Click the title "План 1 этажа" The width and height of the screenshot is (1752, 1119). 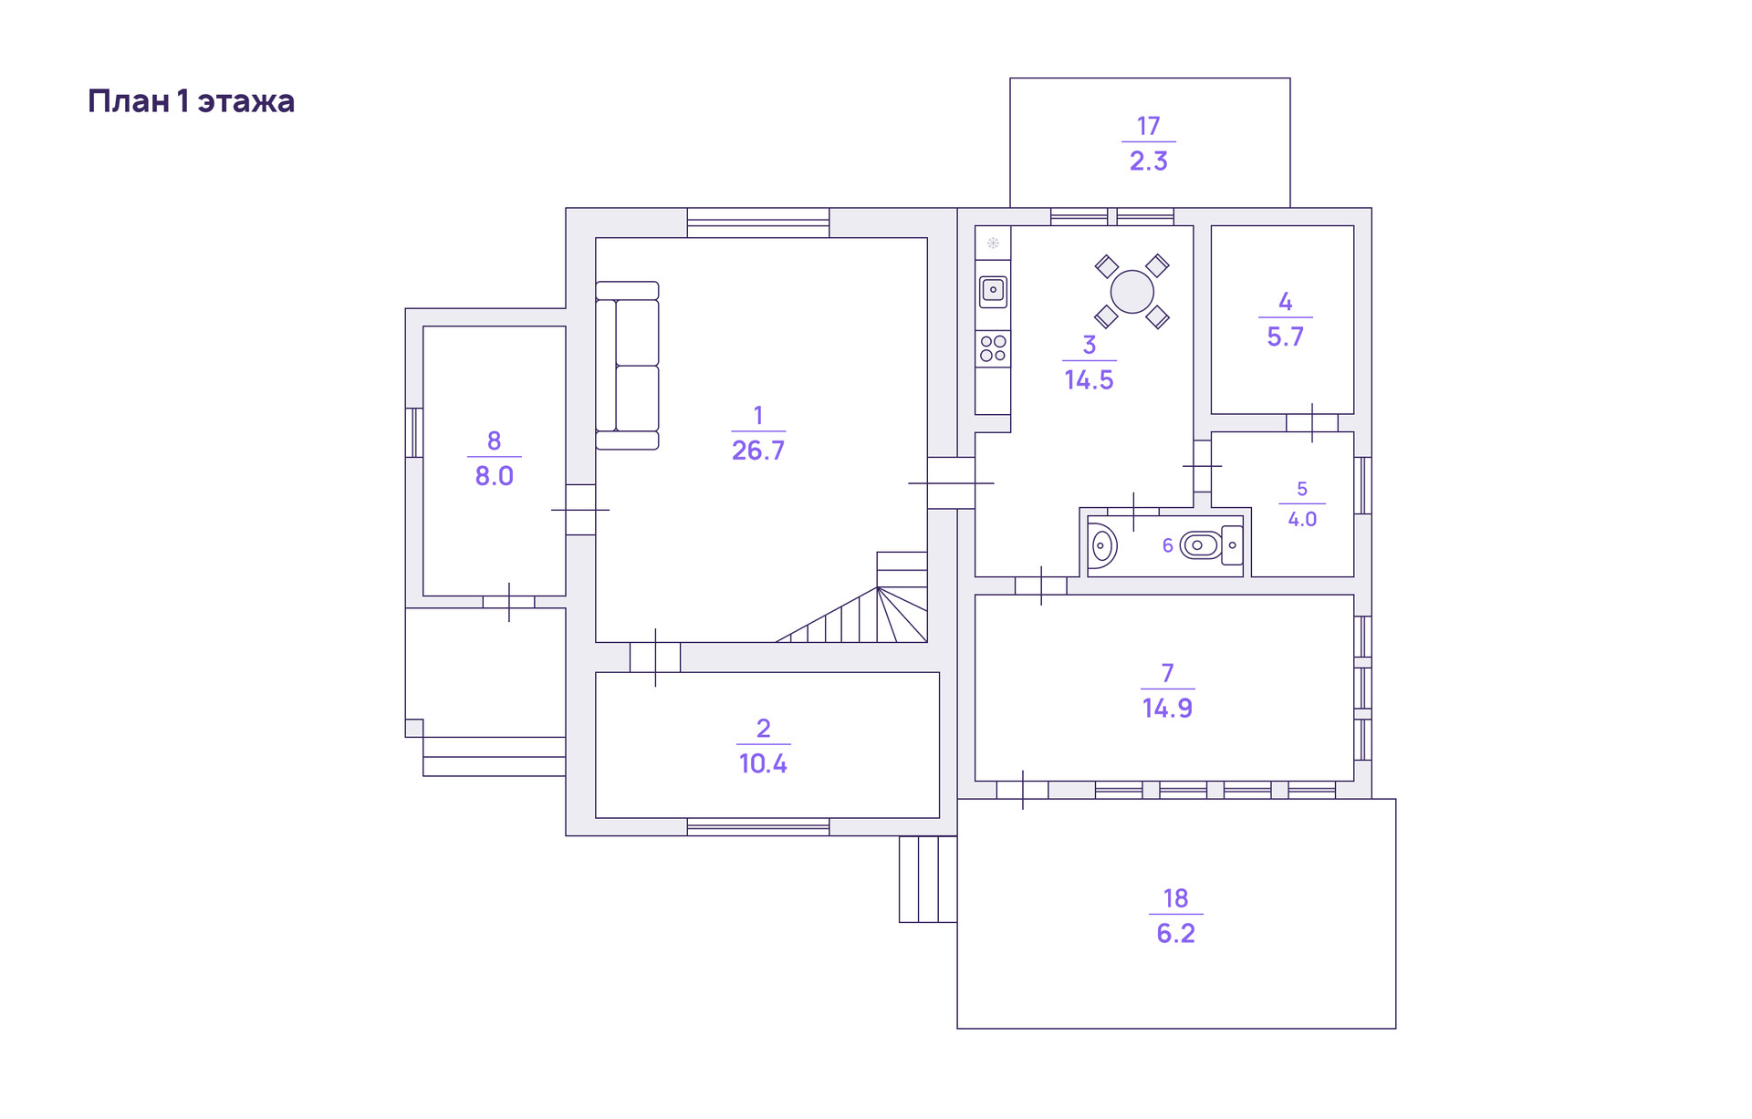[191, 101]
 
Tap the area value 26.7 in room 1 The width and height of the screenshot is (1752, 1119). [757, 451]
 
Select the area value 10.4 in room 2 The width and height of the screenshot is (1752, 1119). [763, 763]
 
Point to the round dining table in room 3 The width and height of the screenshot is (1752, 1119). [1131, 292]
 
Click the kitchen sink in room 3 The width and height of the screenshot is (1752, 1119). [993, 291]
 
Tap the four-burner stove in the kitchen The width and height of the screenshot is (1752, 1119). [993, 348]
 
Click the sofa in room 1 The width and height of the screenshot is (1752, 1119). [628, 365]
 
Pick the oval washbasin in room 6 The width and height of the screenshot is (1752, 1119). [1102, 545]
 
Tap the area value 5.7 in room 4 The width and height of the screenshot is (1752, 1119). [1285, 337]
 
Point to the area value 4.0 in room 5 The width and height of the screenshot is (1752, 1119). [1302, 520]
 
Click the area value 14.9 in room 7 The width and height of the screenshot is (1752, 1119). [1167, 709]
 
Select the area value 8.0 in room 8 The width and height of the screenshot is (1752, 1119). [494, 476]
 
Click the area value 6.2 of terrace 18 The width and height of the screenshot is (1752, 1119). [1175, 934]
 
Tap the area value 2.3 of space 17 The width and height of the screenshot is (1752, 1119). [1148, 161]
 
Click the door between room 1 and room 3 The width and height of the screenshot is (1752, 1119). [951, 482]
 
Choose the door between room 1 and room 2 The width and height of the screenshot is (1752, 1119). [655, 657]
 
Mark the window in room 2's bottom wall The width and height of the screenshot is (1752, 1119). [757, 826]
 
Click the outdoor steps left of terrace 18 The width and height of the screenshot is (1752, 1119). [927, 878]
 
